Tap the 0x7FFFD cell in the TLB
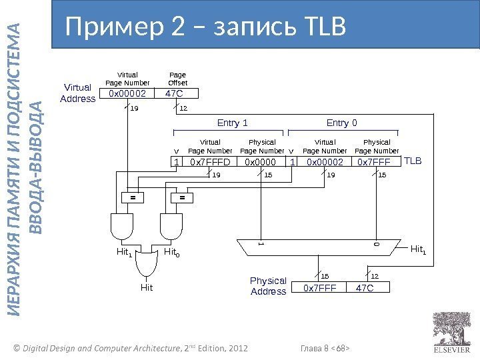coord(209,161)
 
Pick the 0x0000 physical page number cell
coord(259,161)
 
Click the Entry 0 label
coord(341,123)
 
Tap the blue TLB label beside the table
coord(414,161)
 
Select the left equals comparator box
coord(132,198)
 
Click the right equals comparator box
coord(181,198)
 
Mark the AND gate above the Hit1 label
coord(123,226)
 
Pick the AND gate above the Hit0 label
coord(172,226)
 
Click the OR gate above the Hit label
coord(147,265)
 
